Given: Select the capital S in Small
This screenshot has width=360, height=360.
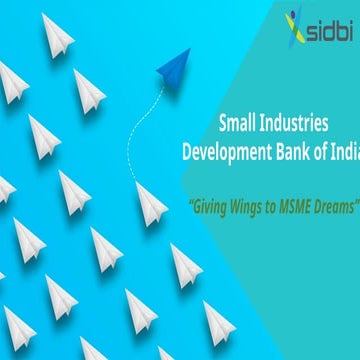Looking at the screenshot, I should [x=223, y=124].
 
